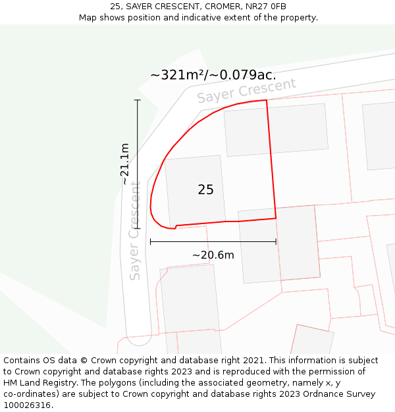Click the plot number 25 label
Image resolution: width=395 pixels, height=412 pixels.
(205, 190)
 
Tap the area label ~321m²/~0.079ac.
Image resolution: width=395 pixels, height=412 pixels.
(213, 74)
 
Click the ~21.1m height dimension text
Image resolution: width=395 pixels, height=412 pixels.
(125, 163)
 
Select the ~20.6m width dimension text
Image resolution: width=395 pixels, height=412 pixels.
(213, 255)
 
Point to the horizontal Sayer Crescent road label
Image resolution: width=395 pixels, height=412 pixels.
(247, 91)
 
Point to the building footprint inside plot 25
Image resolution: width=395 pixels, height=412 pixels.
(195, 191)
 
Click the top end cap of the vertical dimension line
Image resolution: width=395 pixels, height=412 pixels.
(138, 100)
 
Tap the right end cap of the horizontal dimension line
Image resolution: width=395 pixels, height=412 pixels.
(276, 242)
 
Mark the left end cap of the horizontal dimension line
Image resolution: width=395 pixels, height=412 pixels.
(151, 242)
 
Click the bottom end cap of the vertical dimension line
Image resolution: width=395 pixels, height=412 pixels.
(138, 229)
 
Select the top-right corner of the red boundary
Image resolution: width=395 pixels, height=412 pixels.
(267, 101)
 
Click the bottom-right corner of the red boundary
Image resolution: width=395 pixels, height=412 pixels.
(276, 218)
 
